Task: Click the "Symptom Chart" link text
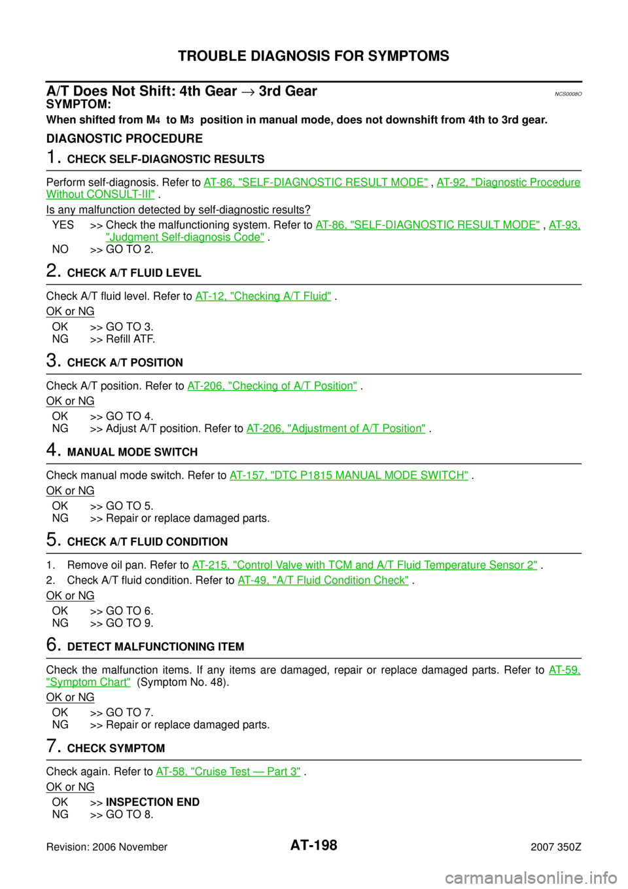88,682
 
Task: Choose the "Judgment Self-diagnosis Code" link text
186,237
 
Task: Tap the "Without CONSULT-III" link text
100,194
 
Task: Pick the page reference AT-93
564,225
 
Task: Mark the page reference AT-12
211,297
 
